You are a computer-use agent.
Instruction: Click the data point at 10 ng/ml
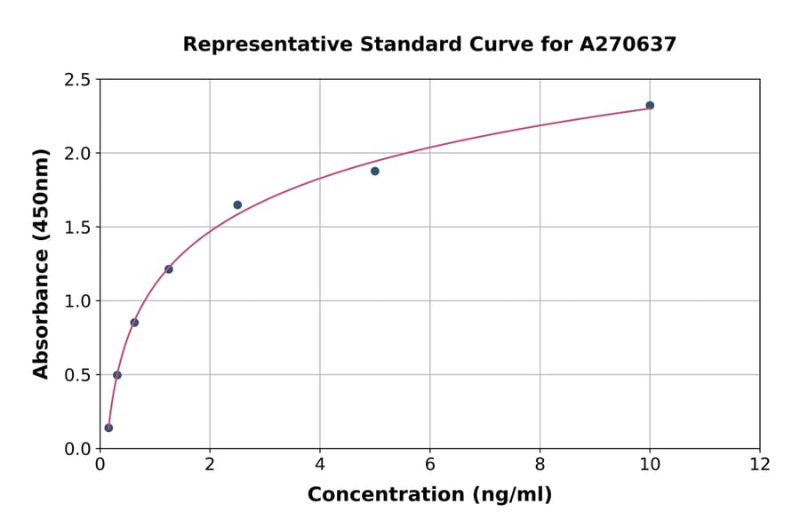[650, 105]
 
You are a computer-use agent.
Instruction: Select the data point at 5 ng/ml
[375, 171]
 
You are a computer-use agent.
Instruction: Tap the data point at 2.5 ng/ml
[237, 204]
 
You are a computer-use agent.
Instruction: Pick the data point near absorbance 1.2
[169, 268]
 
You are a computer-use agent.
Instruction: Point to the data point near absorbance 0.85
[134, 322]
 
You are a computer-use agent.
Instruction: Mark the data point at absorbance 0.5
[117, 374]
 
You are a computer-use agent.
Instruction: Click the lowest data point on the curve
[108, 428]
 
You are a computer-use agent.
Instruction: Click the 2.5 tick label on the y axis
[77, 80]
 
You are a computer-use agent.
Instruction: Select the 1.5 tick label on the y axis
[77, 228]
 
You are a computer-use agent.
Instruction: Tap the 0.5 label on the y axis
[77, 375]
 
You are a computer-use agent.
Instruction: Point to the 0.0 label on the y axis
[77, 449]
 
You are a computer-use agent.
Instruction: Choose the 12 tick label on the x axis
[760, 464]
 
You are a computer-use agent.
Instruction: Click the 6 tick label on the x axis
[430, 464]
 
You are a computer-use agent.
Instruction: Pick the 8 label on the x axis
[540, 464]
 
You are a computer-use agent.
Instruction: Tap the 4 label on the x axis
[320, 464]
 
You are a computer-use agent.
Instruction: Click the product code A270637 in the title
[628, 44]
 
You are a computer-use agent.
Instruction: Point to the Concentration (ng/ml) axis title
[429, 494]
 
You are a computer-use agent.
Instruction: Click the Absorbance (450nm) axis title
[41, 263]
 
